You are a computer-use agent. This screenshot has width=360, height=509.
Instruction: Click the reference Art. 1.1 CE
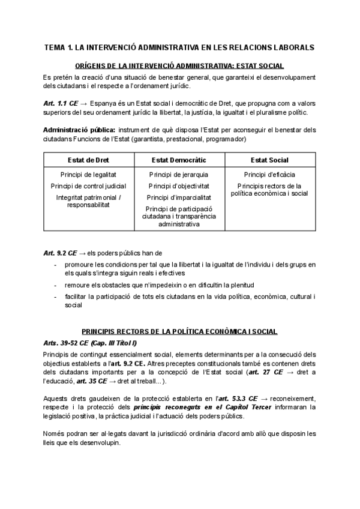coord(60,103)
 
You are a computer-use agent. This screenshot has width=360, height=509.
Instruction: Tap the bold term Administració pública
coord(79,130)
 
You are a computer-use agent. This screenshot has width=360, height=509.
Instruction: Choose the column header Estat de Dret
coord(88,160)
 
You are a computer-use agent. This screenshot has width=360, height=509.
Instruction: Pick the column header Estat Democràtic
coord(178,160)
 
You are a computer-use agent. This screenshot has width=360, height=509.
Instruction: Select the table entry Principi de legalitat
coord(88,175)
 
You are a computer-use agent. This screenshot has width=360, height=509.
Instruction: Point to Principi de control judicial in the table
coord(88,186)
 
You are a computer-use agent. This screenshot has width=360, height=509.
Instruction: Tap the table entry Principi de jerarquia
coord(178,175)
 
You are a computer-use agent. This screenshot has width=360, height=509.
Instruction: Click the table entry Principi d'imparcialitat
coord(178,197)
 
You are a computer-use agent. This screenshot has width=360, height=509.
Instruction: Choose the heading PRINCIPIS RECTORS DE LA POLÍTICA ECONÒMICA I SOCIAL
coord(180,332)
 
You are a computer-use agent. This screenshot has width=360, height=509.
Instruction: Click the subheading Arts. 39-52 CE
coord(68,343)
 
